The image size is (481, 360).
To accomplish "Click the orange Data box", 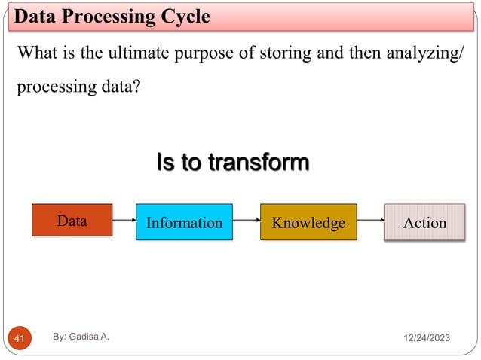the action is (72, 220).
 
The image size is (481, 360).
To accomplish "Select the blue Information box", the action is (185, 222).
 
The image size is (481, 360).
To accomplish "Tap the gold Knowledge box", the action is (308, 222).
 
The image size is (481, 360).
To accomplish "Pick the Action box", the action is (425, 222).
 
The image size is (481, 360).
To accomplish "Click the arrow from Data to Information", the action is (124, 220).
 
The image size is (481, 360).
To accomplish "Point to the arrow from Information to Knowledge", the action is (247, 220).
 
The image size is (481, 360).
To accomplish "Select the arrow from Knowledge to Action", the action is (371, 220).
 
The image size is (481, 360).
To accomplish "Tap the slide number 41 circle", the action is (20, 338).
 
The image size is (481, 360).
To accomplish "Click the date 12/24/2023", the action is (427, 338).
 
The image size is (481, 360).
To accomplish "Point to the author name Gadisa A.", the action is (89, 337).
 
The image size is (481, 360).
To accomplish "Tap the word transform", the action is (259, 162).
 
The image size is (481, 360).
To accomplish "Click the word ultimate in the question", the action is (139, 53).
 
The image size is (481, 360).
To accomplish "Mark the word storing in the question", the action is (286, 54).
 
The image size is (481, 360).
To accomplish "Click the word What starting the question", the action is (38, 53).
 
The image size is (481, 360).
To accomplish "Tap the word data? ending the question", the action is (121, 87).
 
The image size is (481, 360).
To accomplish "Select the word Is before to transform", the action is (166, 162).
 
